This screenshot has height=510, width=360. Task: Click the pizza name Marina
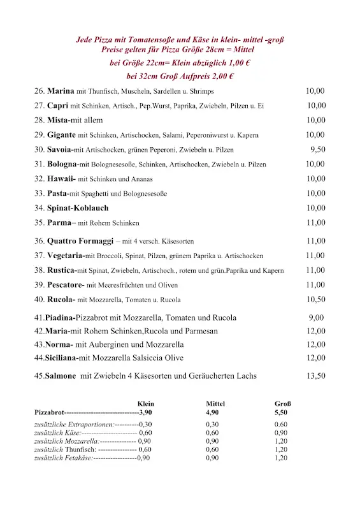[x=61, y=91]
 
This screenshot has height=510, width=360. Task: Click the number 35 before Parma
[x=40, y=222]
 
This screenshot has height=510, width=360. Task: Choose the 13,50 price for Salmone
[x=315, y=375]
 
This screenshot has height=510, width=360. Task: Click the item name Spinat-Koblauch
[x=78, y=208]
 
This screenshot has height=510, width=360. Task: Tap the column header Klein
[x=146, y=404]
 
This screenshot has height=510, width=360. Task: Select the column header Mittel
[x=215, y=404]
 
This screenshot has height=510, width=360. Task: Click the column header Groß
[x=283, y=404]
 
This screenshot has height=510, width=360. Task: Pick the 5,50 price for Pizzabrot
[x=281, y=413]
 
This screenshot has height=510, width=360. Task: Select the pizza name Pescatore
[x=66, y=284]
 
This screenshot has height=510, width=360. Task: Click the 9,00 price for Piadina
[x=316, y=317]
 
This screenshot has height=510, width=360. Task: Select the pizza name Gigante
[x=62, y=135]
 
